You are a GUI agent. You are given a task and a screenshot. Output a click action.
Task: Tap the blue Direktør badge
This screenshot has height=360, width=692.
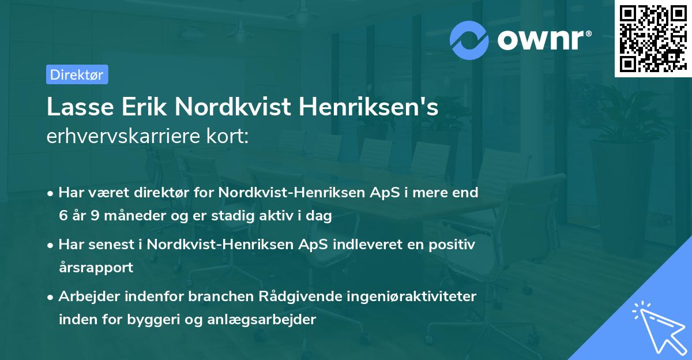(77, 74)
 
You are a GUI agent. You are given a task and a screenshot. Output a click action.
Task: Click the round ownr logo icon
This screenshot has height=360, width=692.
(469, 40)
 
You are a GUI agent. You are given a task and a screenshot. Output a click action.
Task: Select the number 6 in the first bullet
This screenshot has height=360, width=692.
(63, 216)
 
